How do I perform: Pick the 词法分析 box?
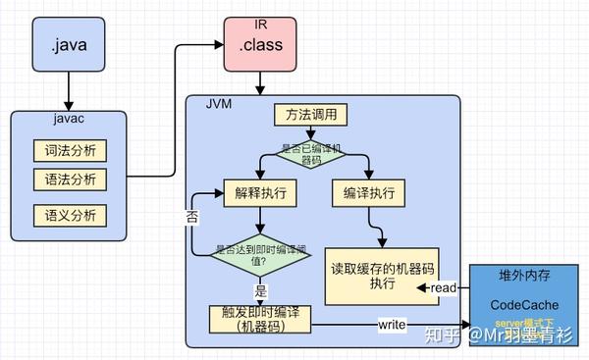tap(69, 152)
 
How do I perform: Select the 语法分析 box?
tap(69, 180)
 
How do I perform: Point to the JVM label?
tap(219, 103)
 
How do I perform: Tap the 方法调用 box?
tap(312, 116)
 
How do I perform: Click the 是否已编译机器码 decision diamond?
tap(312, 154)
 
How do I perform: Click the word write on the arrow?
tap(393, 323)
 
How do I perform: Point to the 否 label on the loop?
tap(192, 218)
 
